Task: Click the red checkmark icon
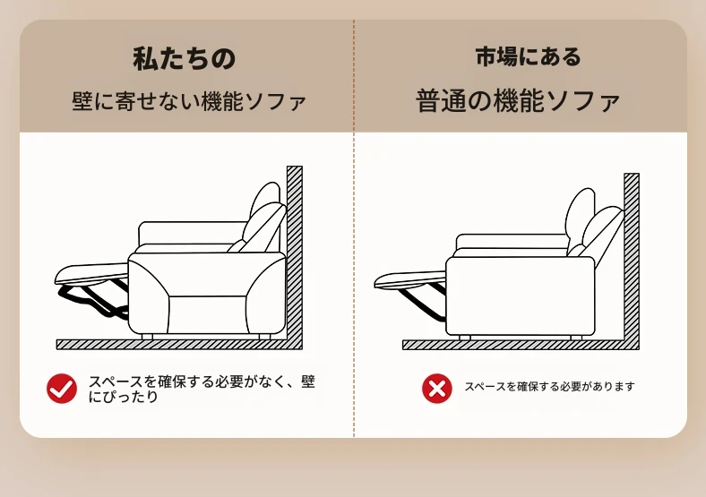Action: (62, 389)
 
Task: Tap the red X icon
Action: (436, 389)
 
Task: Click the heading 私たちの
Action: (185, 59)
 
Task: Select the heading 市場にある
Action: (528, 57)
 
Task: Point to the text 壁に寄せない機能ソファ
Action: (189, 101)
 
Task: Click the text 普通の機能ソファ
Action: (518, 101)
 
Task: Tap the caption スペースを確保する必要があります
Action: (549, 387)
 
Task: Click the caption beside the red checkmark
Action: (202, 389)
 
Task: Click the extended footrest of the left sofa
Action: (91, 274)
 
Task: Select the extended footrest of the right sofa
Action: (409, 279)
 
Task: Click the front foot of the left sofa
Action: (147, 337)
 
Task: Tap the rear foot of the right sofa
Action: (576, 338)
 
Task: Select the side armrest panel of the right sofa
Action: (520, 296)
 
